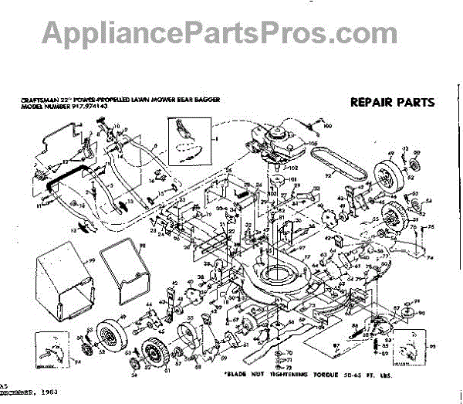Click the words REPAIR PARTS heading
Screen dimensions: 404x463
point(392,101)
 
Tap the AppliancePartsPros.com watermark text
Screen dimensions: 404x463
point(231,32)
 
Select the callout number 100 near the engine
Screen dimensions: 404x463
point(327,125)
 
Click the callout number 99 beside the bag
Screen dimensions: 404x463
point(90,263)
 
